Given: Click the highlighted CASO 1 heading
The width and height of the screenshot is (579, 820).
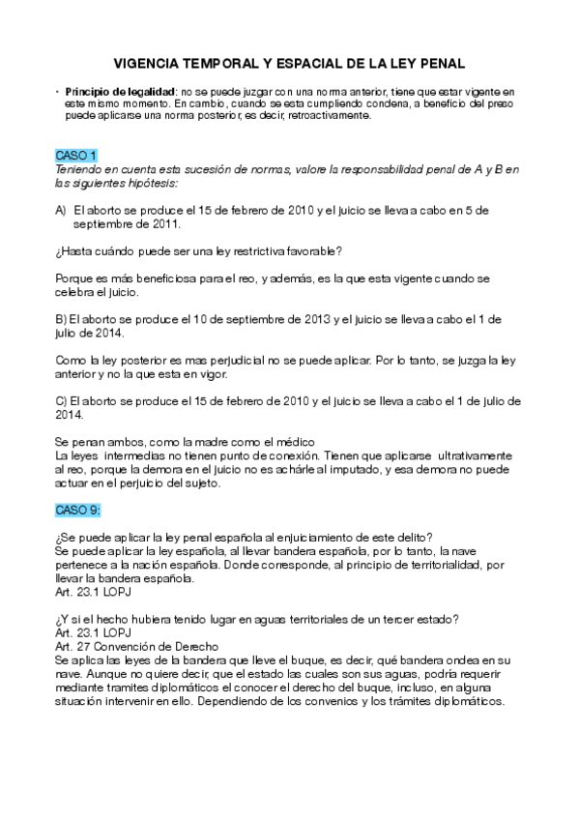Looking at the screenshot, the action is (x=76, y=155).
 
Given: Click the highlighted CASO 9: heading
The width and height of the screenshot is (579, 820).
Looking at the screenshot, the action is (x=78, y=510).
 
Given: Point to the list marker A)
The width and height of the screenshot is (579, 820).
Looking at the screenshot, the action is (x=61, y=209).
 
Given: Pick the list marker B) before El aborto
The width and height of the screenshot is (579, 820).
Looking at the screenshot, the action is (x=62, y=319).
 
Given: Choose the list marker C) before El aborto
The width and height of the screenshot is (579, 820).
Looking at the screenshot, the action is (x=62, y=400).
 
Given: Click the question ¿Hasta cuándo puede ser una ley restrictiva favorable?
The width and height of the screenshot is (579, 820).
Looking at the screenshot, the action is (x=198, y=250).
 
